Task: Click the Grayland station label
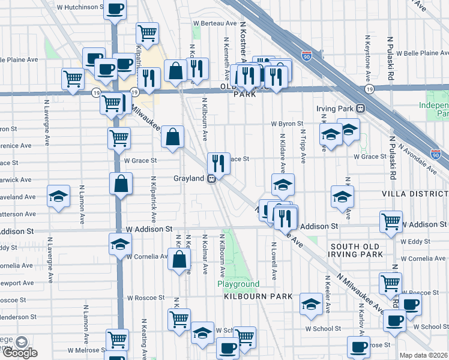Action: click(x=190, y=179)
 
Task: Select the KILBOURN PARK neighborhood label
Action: click(x=258, y=296)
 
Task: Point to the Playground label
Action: click(x=238, y=284)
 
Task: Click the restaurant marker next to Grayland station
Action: click(x=218, y=163)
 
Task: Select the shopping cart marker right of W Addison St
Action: click(x=391, y=221)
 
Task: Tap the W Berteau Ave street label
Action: click(x=215, y=23)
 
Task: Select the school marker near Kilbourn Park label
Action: click(x=310, y=304)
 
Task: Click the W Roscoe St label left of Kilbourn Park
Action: click(x=145, y=298)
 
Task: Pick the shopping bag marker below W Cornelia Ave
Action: click(x=179, y=260)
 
